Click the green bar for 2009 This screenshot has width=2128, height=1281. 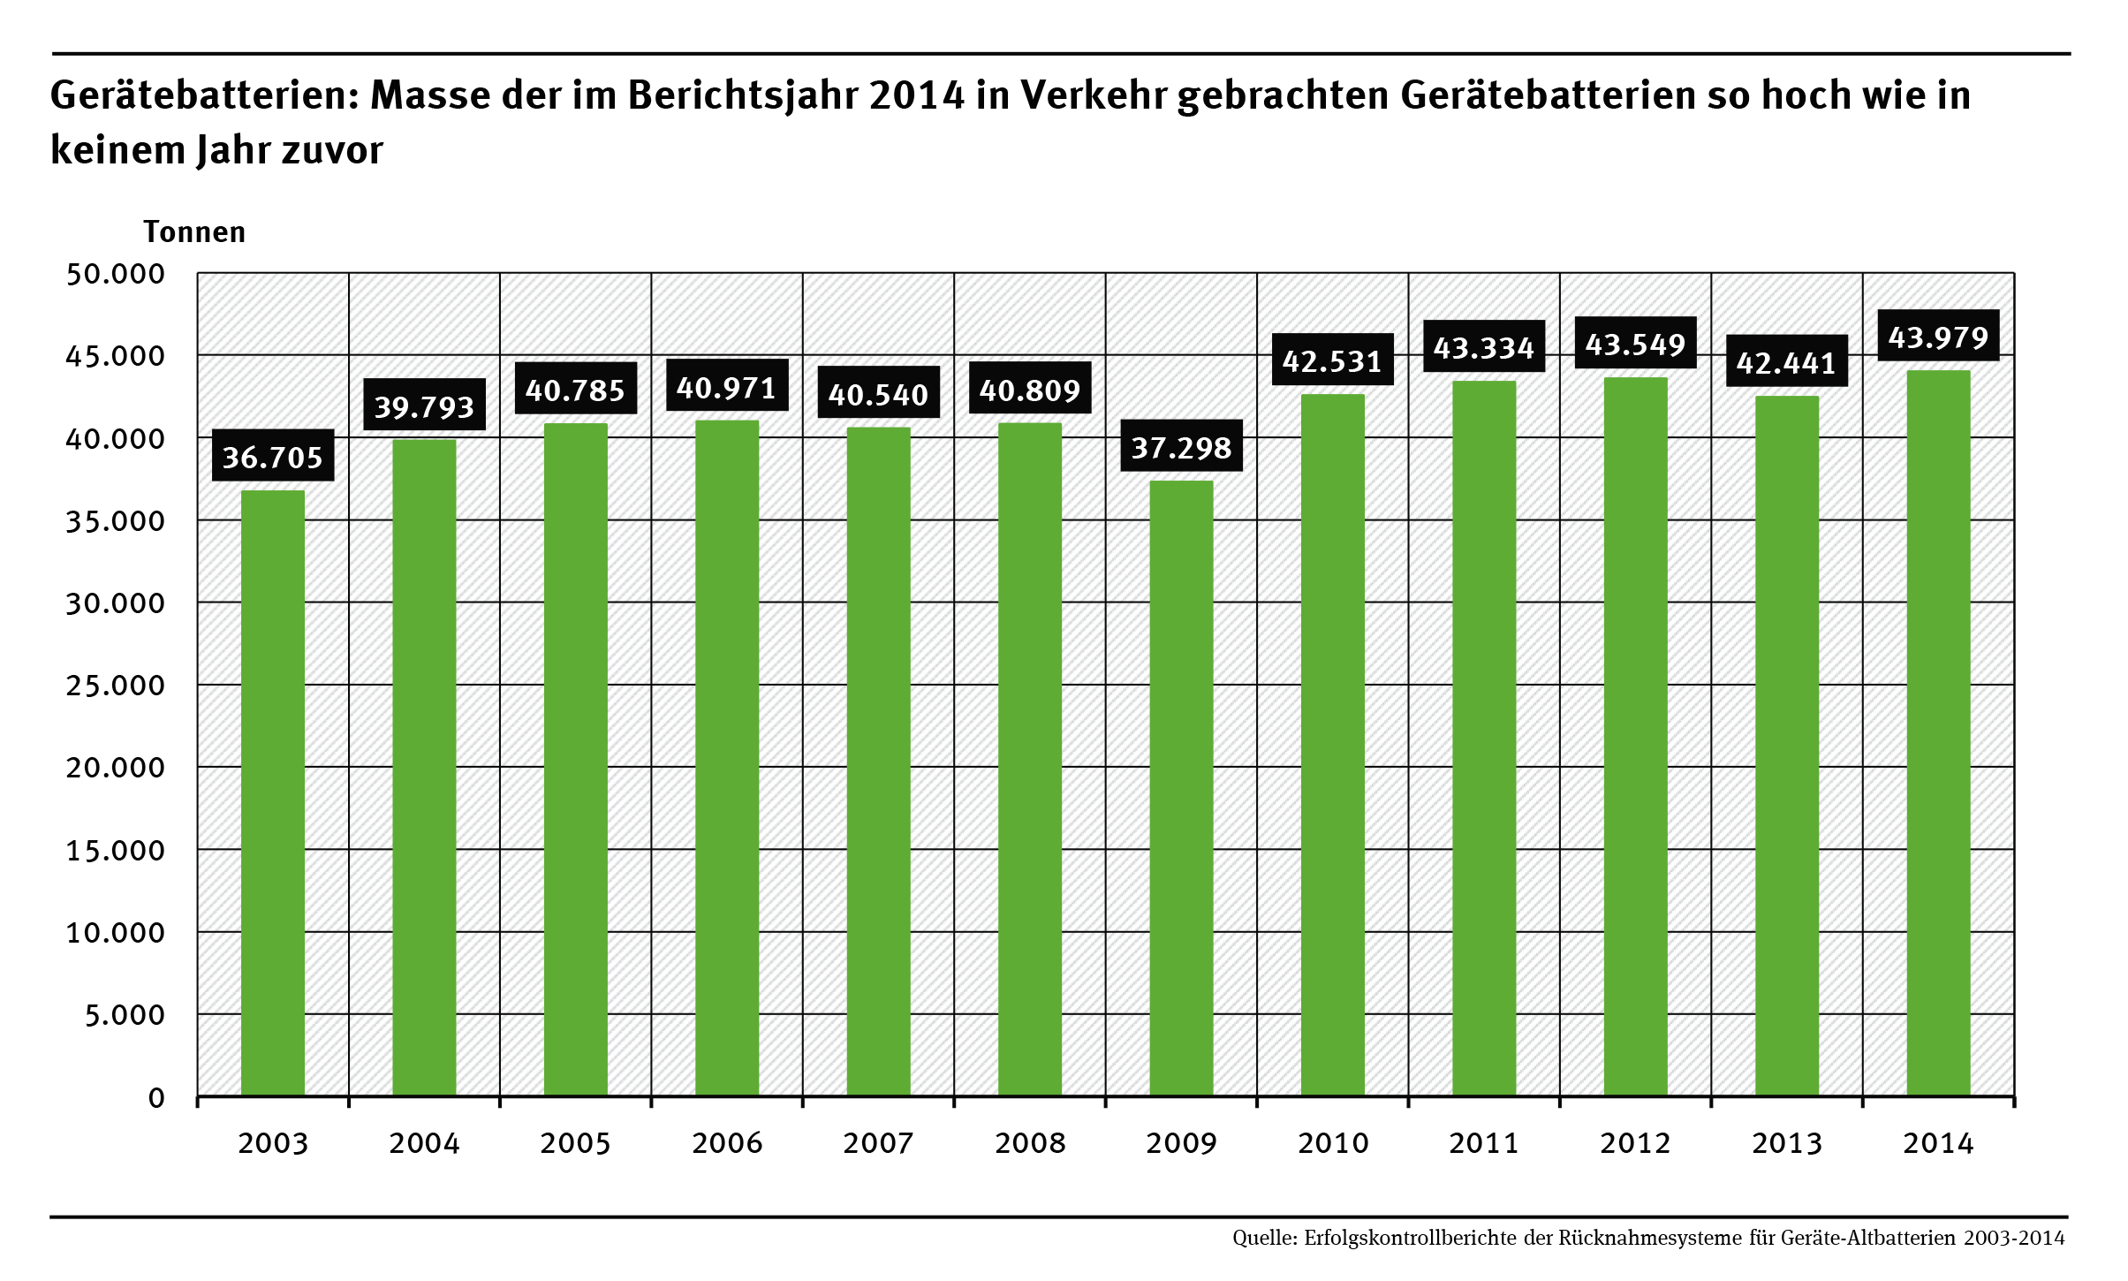point(1181,788)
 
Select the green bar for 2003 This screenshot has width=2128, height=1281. point(273,793)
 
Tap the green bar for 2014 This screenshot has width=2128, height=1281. point(1938,733)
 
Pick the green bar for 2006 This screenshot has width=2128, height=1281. point(727,758)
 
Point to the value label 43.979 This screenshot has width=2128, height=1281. point(1938,336)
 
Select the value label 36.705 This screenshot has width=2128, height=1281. point(273,456)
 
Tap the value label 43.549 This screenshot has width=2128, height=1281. point(1635,343)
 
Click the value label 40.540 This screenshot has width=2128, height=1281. point(878,393)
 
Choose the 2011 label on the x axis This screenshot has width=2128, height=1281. point(1484,1143)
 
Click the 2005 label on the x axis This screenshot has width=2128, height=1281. point(575,1143)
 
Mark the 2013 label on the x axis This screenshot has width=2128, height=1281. point(1787,1143)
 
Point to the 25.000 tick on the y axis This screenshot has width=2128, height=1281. point(116,685)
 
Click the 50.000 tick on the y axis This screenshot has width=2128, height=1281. point(116,274)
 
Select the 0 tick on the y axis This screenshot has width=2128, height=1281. point(156,1097)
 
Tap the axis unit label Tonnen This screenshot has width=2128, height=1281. point(194,231)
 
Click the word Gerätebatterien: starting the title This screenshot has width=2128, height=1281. point(205,95)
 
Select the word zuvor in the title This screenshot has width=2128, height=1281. point(332,150)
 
